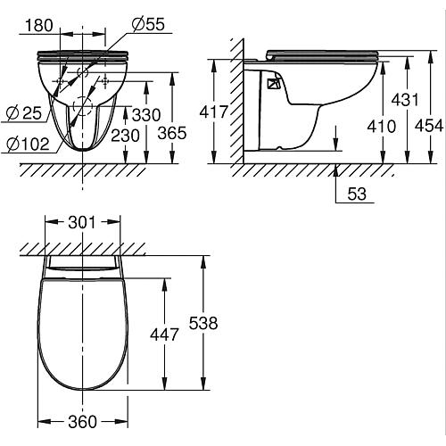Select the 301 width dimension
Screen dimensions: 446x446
(83, 223)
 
